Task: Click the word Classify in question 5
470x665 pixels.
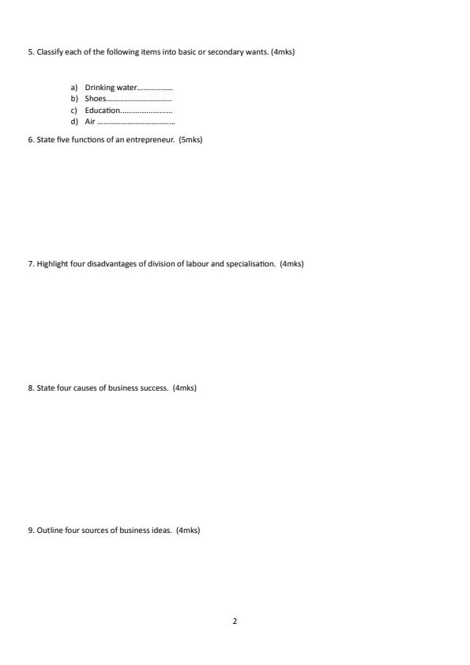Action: pyautogui.click(x=50, y=52)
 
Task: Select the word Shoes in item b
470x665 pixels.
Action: pyautogui.click(x=95, y=99)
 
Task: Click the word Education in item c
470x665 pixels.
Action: pyautogui.click(x=102, y=111)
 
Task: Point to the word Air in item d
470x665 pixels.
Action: pyautogui.click(x=89, y=122)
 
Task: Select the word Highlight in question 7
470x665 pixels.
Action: pyautogui.click(x=52, y=263)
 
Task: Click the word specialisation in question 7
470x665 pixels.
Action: pyautogui.click(x=250, y=263)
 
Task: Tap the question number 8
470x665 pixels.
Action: pyautogui.click(x=31, y=388)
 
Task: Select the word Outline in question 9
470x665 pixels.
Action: pyautogui.click(x=49, y=531)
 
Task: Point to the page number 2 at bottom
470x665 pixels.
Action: pyautogui.click(x=235, y=621)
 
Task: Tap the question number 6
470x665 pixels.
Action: pyautogui.click(x=31, y=140)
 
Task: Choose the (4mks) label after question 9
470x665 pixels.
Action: pyautogui.click(x=188, y=531)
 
